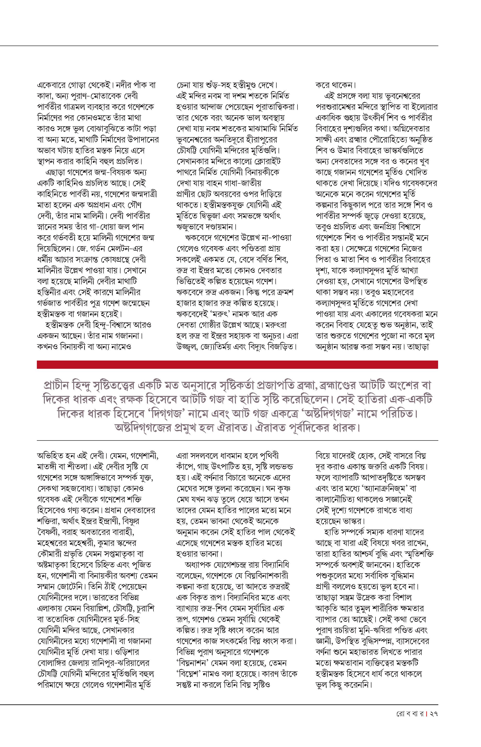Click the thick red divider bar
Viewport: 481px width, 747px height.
tap(237, 365)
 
